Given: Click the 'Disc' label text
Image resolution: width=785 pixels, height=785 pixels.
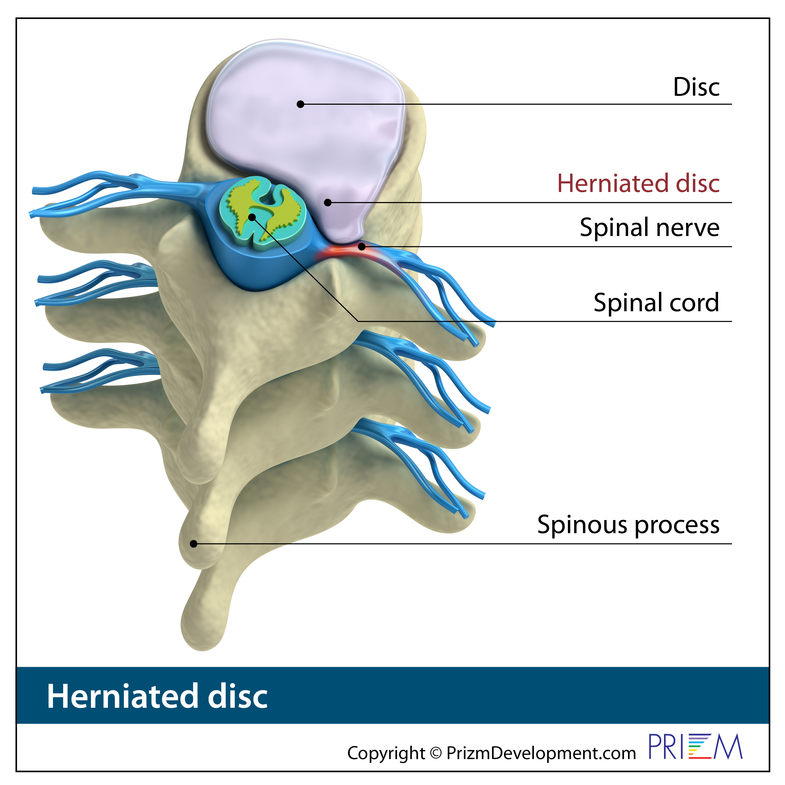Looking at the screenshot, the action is [x=696, y=87].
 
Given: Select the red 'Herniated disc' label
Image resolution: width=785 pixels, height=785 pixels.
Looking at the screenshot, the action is [x=638, y=183].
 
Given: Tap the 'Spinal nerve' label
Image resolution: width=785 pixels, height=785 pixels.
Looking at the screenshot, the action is [x=649, y=227].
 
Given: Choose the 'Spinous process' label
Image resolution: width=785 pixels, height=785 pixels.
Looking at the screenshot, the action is [x=628, y=525].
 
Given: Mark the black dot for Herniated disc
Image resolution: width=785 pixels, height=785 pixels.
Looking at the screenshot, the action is [x=328, y=202].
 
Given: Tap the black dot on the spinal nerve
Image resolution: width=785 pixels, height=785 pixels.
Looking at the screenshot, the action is [x=362, y=247].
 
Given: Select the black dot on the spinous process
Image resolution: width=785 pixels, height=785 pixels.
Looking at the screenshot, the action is [x=194, y=544].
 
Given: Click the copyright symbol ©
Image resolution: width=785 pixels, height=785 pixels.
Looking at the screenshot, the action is [x=436, y=753].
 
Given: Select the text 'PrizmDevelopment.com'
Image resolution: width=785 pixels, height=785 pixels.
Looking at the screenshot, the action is [x=541, y=753].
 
